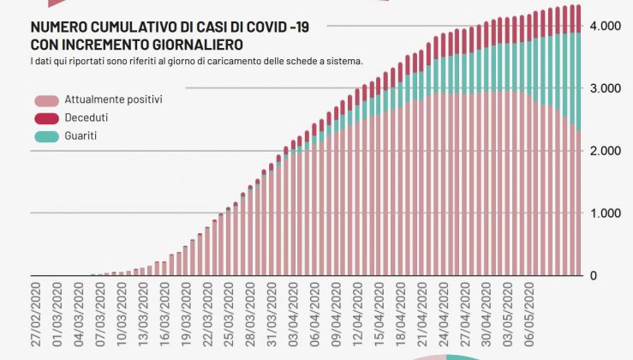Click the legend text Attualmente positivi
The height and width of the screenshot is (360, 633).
tap(113, 100)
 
